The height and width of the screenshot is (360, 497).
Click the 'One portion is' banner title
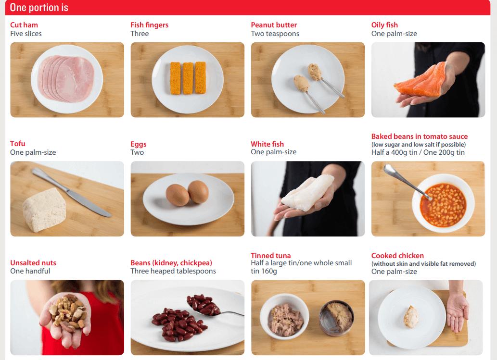tap(39, 8)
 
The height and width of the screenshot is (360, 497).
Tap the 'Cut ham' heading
tap(24, 25)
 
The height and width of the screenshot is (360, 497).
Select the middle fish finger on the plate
tap(188, 78)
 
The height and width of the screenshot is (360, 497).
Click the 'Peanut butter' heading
tap(274, 25)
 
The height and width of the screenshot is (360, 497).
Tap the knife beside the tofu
tap(71, 192)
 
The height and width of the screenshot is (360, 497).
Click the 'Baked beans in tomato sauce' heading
tap(420, 137)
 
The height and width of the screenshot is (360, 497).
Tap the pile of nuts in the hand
tap(67, 311)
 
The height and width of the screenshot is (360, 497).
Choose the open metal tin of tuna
tap(337, 318)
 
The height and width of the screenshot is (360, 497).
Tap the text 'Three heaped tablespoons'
tap(173, 271)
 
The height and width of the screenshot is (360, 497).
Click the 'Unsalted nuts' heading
tap(33, 263)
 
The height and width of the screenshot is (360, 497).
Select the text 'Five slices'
tap(26, 34)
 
